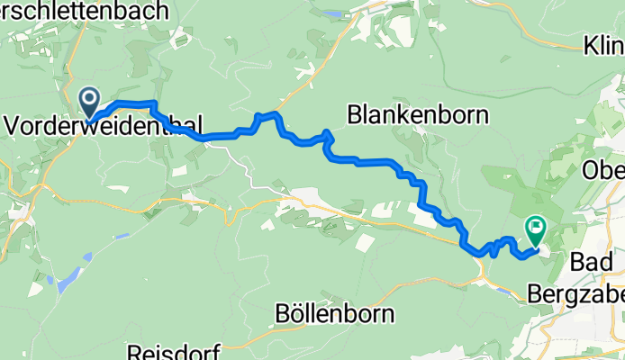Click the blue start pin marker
click(x=91, y=101)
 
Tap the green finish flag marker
click(x=536, y=229)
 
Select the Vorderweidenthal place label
click(x=104, y=127)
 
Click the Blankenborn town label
click(x=418, y=114)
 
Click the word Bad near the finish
click(x=593, y=262)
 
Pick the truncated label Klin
click(x=603, y=45)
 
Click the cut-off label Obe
click(x=604, y=169)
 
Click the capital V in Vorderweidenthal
click(x=13, y=127)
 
